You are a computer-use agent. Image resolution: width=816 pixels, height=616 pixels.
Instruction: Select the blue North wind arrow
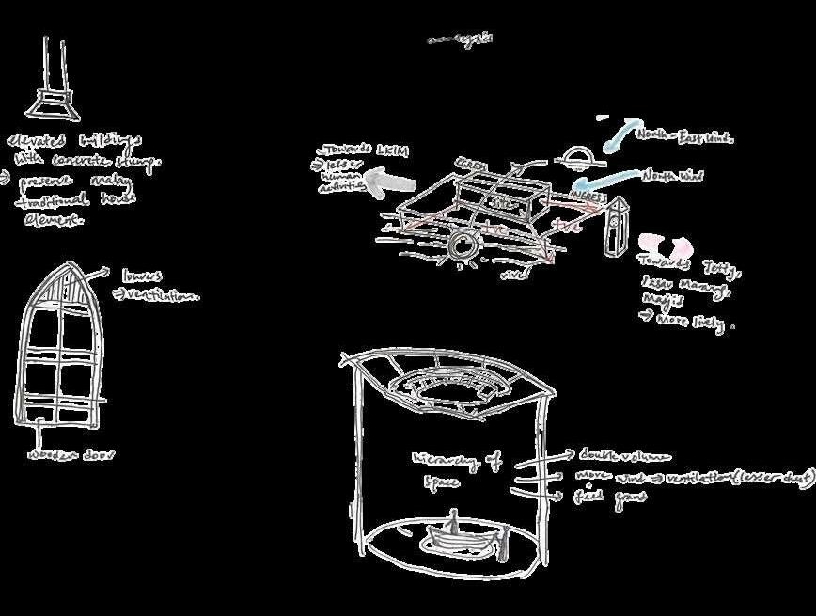tap(602, 178)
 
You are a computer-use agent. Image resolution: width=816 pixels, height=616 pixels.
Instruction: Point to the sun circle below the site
tap(462, 248)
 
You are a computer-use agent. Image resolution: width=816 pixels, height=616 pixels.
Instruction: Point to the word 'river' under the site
tap(511, 275)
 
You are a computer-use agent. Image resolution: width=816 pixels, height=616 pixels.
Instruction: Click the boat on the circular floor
tap(454, 539)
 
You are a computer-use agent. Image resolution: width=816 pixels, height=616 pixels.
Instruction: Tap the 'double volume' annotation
tap(625, 457)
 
